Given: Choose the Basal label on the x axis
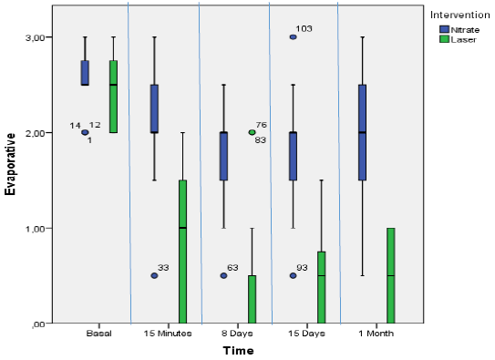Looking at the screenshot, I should (x=98, y=333).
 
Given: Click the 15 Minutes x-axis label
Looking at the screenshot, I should (x=168, y=333).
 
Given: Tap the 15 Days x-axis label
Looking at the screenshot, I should (x=307, y=333).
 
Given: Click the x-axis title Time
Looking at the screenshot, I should (x=238, y=350).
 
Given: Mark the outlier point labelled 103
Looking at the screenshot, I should (x=293, y=37).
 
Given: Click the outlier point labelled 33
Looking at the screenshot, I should (x=154, y=275).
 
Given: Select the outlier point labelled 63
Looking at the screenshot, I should (x=223, y=275).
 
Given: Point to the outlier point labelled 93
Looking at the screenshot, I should (x=293, y=275).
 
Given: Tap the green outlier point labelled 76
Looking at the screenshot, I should (x=252, y=132).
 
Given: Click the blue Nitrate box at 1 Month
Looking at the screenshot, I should (x=363, y=133).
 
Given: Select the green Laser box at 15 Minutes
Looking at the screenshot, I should (x=182, y=252).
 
